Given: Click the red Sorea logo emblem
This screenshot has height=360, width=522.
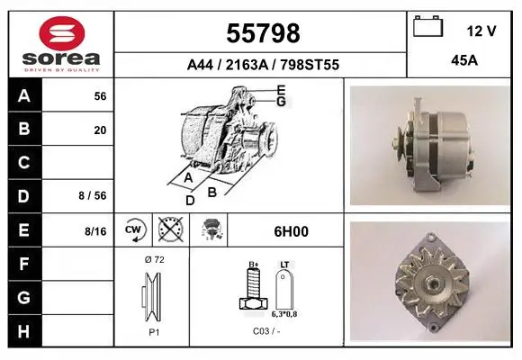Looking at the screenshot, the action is [x=62, y=33].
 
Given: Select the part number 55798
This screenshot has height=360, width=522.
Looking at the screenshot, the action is [x=263, y=33].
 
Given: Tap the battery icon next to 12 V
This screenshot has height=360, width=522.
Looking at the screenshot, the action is [x=427, y=26].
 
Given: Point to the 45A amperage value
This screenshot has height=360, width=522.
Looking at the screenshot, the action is [x=464, y=60].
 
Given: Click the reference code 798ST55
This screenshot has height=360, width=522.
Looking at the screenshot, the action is [x=310, y=65].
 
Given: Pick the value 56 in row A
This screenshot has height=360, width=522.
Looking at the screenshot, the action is [x=100, y=96].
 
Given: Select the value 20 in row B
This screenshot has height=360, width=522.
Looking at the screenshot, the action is [x=100, y=130].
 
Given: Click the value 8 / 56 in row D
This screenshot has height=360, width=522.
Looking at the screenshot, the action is [x=93, y=195].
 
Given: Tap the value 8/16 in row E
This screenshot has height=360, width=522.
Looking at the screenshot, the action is [x=95, y=231].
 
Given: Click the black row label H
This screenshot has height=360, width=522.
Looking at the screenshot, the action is [x=24, y=331].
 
